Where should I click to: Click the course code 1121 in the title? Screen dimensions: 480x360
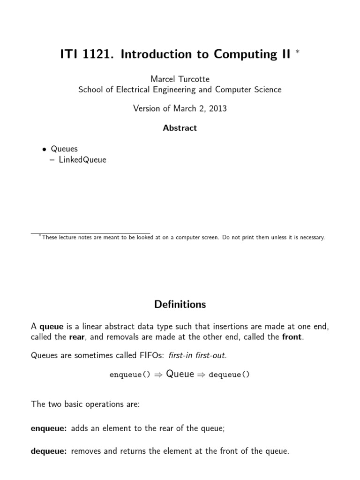click(98, 55)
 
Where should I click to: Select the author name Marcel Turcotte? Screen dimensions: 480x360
click(180, 79)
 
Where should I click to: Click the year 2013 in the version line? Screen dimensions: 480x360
click(218, 108)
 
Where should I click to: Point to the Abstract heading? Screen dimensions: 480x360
click(180, 127)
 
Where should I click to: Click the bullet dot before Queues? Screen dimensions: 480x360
click(44, 150)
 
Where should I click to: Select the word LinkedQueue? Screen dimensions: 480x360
click(82, 159)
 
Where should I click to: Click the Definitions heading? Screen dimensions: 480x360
click(180, 304)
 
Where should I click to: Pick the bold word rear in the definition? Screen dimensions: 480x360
click(77, 337)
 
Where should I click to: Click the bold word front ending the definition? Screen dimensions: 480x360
click(292, 337)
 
